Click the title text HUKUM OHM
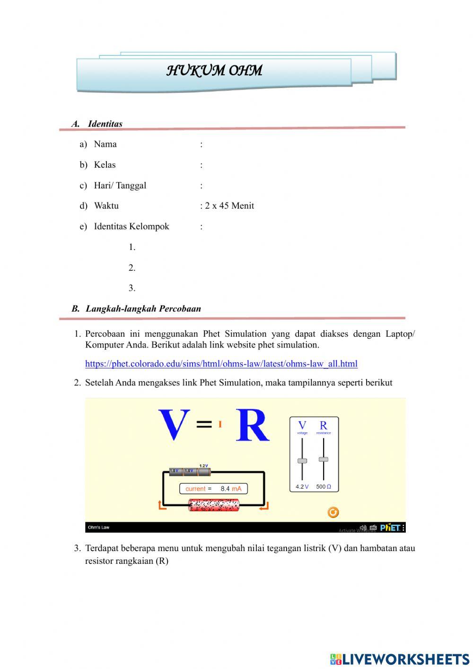point(214,71)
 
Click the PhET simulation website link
point(221,364)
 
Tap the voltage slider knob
point(302,461)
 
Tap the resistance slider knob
point(324,459)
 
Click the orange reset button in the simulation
point(333,512)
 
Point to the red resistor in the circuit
point(214,505)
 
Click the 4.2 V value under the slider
point(302,487)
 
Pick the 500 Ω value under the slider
point(324,487)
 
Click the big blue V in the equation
point(174,425)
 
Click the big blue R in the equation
point(253,425)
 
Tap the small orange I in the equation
point(220,424)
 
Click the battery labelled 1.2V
point(204,471)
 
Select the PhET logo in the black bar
point(391,527)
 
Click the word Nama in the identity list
point(105,144)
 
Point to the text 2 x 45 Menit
point(229,205)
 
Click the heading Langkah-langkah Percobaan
point(143,309)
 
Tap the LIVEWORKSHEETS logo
point(400,659)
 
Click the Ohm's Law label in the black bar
point(98,527)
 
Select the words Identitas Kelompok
point(131,226)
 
